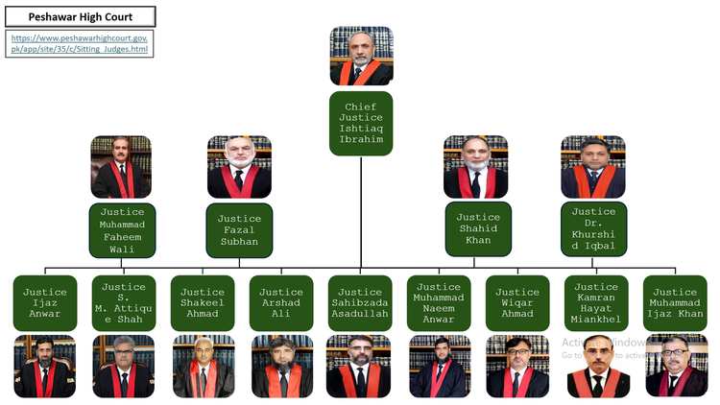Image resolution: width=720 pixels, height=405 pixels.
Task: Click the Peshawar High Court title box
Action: pyautogui.click(x=81, y=16)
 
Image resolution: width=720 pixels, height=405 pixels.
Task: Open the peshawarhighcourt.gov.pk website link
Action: pyautogui.click(x=80, y=43)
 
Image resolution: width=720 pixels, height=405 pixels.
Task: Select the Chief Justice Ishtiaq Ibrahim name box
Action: pyautogui.click(x=361, y=123)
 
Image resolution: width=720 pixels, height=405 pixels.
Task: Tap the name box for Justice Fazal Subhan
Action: pyautogui.click(x=239, y=230)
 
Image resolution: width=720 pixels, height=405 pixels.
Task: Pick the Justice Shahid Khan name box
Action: pyautogui.click(x=478, y=228)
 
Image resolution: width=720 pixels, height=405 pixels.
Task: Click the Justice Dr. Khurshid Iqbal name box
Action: pyautogui.click(x=593, y=228)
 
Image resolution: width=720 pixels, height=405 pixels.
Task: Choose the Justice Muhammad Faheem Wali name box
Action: pyautogui.click(x=122, y=230)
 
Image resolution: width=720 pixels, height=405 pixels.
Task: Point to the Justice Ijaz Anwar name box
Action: pyautogui.click(x=45, y=303)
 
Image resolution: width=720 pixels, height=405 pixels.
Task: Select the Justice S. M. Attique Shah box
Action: pyautogui.click(x=124, y=303)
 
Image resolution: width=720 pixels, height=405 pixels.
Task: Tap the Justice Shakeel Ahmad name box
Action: pyautogui.click(x=203, y=303)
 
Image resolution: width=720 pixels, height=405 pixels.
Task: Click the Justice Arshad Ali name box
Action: pyautogui.click(x=281, y=303)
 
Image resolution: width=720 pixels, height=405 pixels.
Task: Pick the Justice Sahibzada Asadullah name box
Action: pyautogui.click(x=360, y=303)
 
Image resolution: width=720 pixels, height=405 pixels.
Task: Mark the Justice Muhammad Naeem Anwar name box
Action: pyautogui.click(x=439, y=303)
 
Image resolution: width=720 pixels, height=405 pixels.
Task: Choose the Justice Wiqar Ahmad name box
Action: pyautogui.click(x=517, y=303)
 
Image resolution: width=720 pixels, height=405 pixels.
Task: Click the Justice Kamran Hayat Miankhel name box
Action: pyautogui.click(x=596, y=303)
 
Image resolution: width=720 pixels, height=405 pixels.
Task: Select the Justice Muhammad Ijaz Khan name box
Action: pyautogui.click(x=675, y=303)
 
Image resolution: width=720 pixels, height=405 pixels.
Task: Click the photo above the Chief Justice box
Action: pyautogui.click(x=361, y=56)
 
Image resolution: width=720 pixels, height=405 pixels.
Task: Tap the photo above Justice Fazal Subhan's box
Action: pyautogui.click(x=239, y=167)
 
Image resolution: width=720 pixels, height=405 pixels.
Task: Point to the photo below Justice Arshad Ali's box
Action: pyautogui.click(x=282, y=367)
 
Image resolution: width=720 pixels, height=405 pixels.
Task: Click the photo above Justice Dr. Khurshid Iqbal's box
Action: pyautogui.click(x=593, y=167)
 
